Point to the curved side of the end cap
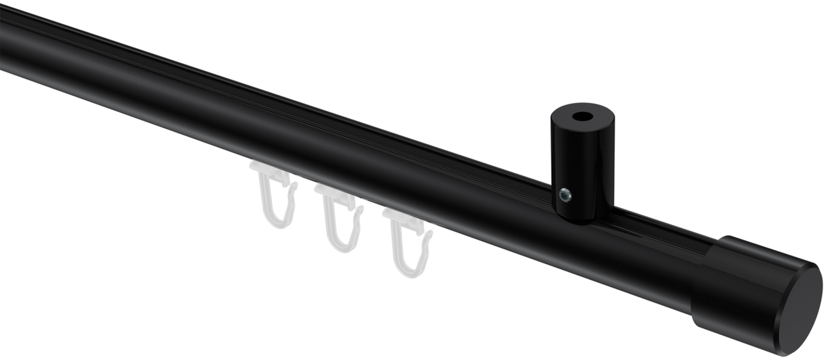tap(727, 275)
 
